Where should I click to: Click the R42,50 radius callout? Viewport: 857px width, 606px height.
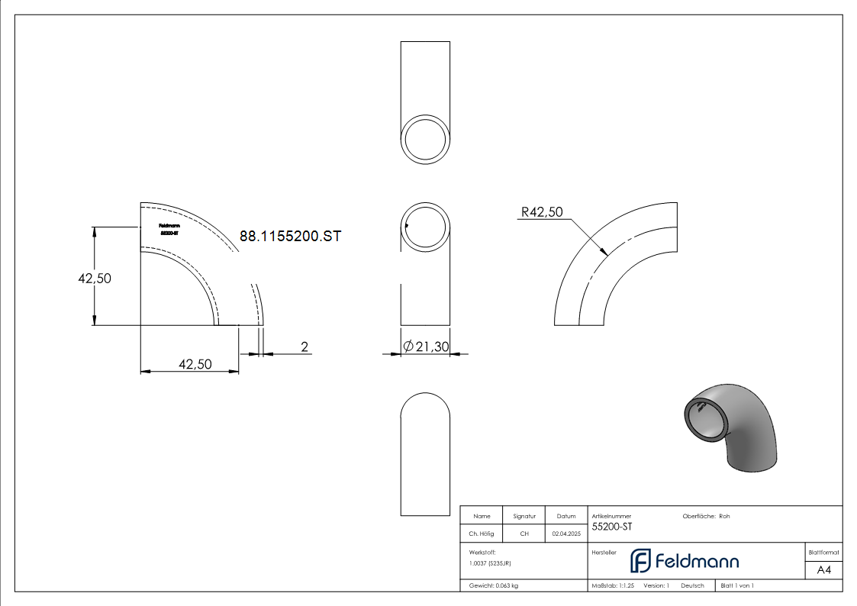coord(541,212)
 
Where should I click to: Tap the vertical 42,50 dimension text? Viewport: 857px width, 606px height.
coord(95,279)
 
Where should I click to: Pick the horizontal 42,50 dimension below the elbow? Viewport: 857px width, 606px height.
coord(195,364)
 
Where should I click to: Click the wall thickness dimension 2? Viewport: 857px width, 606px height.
coord(304,347)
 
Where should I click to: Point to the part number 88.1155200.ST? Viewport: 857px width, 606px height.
coord(290,237)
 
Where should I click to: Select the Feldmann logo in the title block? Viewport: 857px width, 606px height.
coord(685,561)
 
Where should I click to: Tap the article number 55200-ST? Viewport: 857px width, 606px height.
coord(612,527)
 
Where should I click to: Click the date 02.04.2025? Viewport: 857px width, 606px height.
coord(565,534)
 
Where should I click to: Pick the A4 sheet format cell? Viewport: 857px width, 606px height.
coord(823,570)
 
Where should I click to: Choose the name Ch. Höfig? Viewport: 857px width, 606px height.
coord(482,534)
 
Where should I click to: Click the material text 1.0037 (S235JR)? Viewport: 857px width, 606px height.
coord(490,562)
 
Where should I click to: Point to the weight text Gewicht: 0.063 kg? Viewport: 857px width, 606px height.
coord(494,585)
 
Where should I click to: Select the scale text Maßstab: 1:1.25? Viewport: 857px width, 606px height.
coord(613,585)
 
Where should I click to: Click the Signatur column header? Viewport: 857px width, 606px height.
coord(524,516)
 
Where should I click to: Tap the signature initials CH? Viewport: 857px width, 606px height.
coord(524,534)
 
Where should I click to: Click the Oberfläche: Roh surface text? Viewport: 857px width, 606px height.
coord(706,516)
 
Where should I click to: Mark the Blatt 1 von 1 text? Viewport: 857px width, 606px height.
coord(737,585)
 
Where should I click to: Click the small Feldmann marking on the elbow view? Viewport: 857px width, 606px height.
coord(169,228)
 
